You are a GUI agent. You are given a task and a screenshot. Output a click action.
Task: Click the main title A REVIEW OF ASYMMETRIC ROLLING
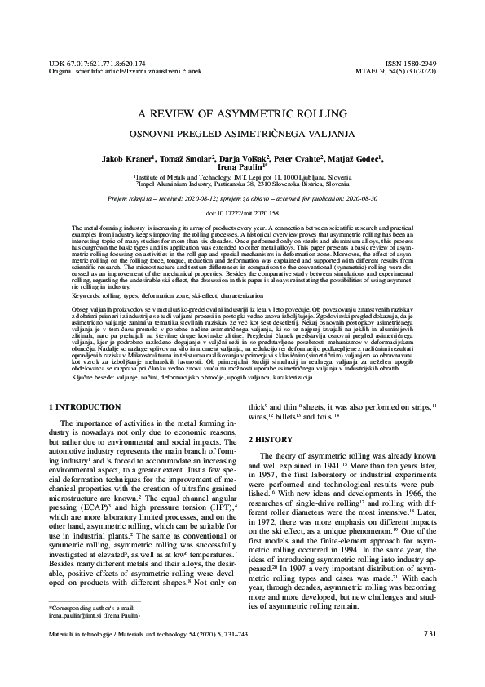click(x=243, y=113)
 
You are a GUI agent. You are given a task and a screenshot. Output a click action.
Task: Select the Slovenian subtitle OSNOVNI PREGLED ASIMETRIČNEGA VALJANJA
click(x=243, y=131)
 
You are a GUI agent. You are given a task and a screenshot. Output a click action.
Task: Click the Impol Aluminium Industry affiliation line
click(x=243, y=184)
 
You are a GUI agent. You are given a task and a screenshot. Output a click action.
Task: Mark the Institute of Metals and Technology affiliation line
click(x=243, y=176)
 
